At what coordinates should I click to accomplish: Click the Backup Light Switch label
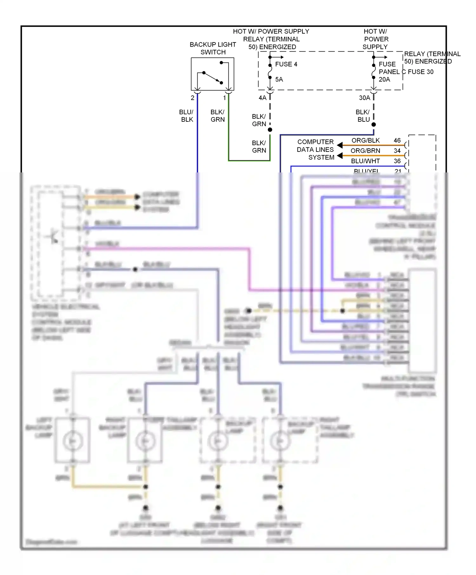click(x=213, y=48)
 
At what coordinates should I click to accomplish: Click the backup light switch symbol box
click(x=212, y=74)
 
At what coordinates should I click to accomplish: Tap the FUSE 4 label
click(x=286, y=64)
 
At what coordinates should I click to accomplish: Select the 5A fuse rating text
click(x=279, y=80)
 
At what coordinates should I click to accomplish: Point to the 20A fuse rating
click(x=384, y=80)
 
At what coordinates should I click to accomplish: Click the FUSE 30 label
click(x=420, y=72)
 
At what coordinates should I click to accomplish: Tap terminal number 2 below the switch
click(x=192, y=98)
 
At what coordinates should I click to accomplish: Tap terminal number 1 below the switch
click(x=225, y=98)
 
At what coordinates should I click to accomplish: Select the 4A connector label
click(x=262, y=98)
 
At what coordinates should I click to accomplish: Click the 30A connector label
click(x=364, y=98)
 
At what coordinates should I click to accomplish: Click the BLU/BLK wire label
click(x=186, y=116)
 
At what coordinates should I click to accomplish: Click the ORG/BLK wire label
click(x=366, y=140)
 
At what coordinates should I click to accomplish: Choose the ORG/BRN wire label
click(x=365, y=151)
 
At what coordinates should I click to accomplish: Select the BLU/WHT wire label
click(x=365, y=161)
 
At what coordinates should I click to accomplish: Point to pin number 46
click(x=397, y=140)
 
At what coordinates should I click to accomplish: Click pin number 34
click(x=397, y=151)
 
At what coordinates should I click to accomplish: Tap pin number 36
click(x=397, y=161)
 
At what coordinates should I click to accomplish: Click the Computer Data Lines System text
click(x=315, y=150)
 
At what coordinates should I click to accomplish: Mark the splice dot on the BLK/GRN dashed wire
click(x=270, y=130)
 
